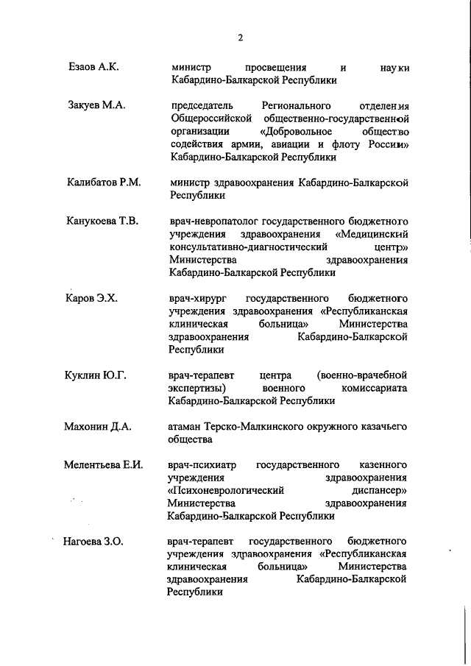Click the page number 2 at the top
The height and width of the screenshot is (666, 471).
[240, 38]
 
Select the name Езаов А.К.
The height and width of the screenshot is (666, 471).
[93, 67]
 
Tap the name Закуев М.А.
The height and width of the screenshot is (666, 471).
[96, 105]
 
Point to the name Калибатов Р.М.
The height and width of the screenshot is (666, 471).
[103, 182]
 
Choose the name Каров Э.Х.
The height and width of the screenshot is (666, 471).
[92, 298]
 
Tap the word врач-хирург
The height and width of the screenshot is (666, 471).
[195, 298]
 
